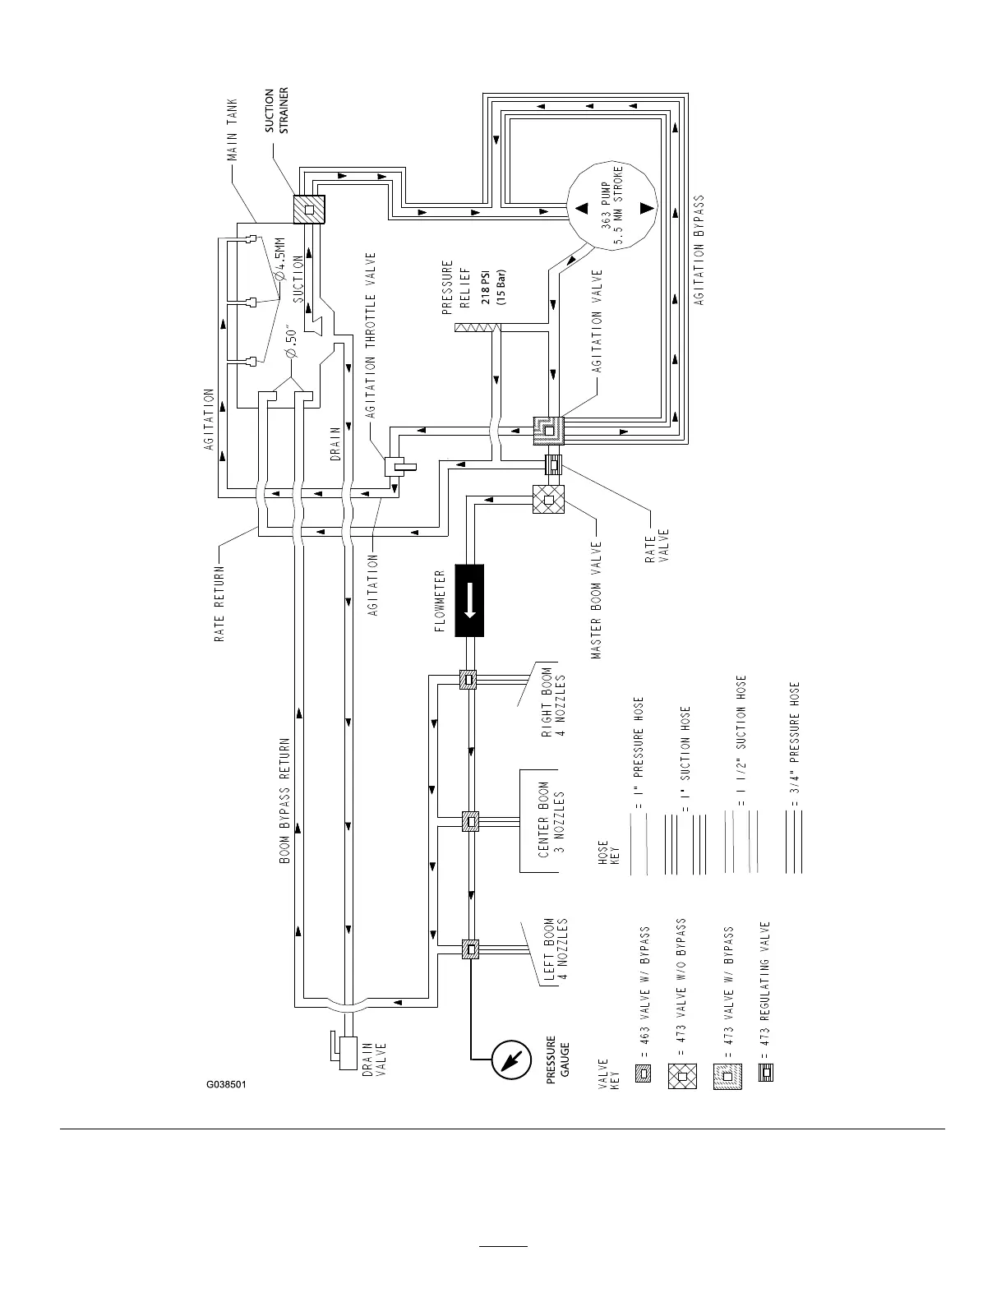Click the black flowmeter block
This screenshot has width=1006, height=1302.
pyautogui.click(x=469, y=600)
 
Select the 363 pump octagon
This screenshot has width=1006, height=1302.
pyautogui.click(x=611, y=206)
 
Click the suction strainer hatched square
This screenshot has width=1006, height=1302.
pyautogui.click(x=309, y=210)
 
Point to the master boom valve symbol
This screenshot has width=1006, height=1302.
pyautogui.click(x=548, y=499)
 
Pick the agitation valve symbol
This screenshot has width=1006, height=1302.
pyautogui.click(x=549, y=431)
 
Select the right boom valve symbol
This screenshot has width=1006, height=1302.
pyautogui.click(x=468, y=680)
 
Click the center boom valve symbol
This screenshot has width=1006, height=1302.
pyautogui.click(x=470, y=821)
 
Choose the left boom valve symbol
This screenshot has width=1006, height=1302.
pyautogui.click(x=470, y=949)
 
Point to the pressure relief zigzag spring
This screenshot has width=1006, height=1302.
pyautogui.click(x=477, y=327)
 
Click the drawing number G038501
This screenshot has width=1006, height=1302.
pyautogui.click(x=227, y=1084)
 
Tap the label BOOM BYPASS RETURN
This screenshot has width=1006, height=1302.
pyautogui.click(x=284, y=801)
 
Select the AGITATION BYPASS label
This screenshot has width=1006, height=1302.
pyautogui.click(x=699, y=250)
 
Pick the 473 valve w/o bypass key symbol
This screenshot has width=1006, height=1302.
pyautogui.click(x=682, y=1075)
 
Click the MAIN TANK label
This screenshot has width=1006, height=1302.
pyautogui.click(x=232, y=129)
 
